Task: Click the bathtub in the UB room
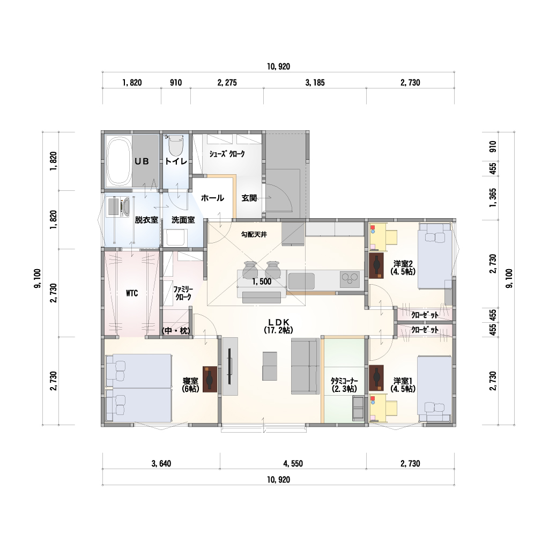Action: (x=118, y=161)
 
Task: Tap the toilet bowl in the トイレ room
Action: (x=176, y=147)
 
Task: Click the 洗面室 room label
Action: (x=183, y=220)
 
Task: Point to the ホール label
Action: (x=212, y=198)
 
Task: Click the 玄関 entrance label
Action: (x=249, y=198)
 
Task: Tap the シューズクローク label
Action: (x=227, y=154)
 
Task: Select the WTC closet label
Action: (x=132, y=293)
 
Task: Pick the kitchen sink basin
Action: (x=301, y=281)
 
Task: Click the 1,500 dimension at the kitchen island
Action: (x=262, y=281)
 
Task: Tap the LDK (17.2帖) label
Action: (x=278, y=326)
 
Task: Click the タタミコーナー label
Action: (x=344, y=384)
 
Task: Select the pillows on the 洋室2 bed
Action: (x=435, y=236)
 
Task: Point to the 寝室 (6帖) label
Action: (x=190, y=384)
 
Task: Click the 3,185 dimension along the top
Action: (x=315, y=83)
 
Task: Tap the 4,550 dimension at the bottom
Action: (x=293, y=464)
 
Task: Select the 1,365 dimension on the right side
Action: (x=493, y=198)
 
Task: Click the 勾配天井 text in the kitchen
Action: (x=254, y=235)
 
